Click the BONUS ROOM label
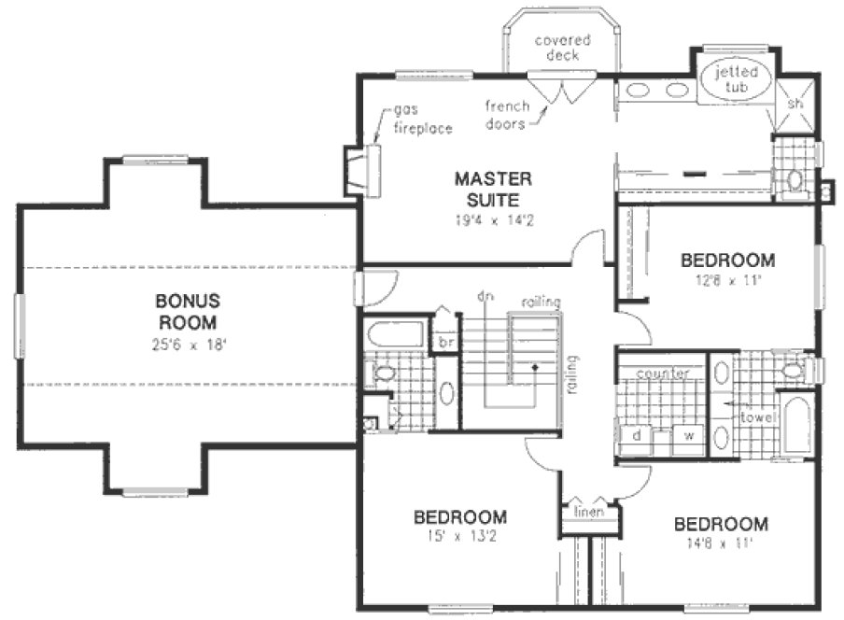click(187, 311)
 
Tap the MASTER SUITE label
click(493, 187)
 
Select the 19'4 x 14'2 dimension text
click(493, 221)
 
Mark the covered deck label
click(556, 48)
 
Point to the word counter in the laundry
click(662, 374)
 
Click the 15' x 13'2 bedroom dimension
click(460, 536)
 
